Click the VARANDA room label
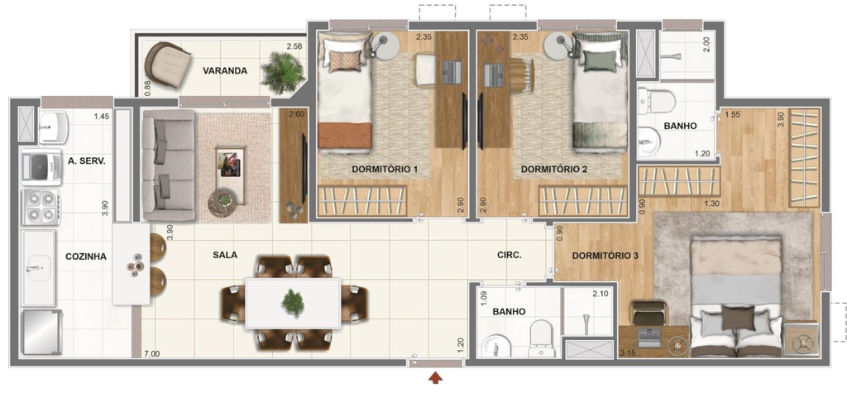click(225, 70)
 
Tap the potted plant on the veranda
click(278, 73)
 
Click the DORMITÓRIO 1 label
click(385, 170)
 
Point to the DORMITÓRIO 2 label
click(554, 170)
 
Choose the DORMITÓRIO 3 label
click(605, 256)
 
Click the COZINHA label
click(86, 256)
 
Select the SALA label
click(225, 255)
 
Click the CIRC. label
click(510, 256)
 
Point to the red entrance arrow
click(435, 379)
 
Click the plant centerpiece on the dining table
click(292, 303)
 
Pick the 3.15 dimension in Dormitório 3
click(629, 354)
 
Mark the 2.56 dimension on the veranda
click(294, 46)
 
